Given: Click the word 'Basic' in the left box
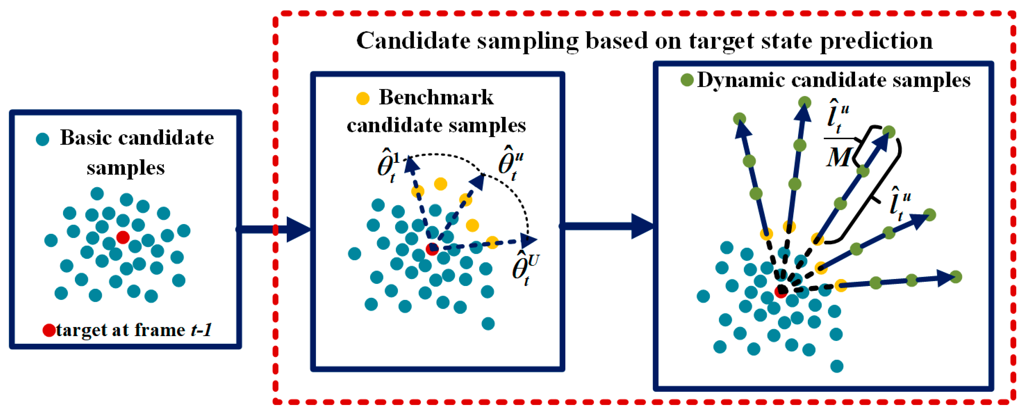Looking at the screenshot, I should point(85,138).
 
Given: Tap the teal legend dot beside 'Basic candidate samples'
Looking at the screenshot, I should point(42,139).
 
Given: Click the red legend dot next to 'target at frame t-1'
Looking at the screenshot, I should point(49,330).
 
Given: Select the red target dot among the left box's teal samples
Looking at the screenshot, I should point(123,237).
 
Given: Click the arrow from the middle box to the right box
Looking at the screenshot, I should point(608,226).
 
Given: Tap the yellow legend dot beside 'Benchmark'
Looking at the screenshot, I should point(363,98).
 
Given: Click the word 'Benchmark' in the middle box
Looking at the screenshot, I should point(436,97).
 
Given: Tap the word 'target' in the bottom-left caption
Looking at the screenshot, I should point(79,330).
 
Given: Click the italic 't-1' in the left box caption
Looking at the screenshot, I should point(201,330).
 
